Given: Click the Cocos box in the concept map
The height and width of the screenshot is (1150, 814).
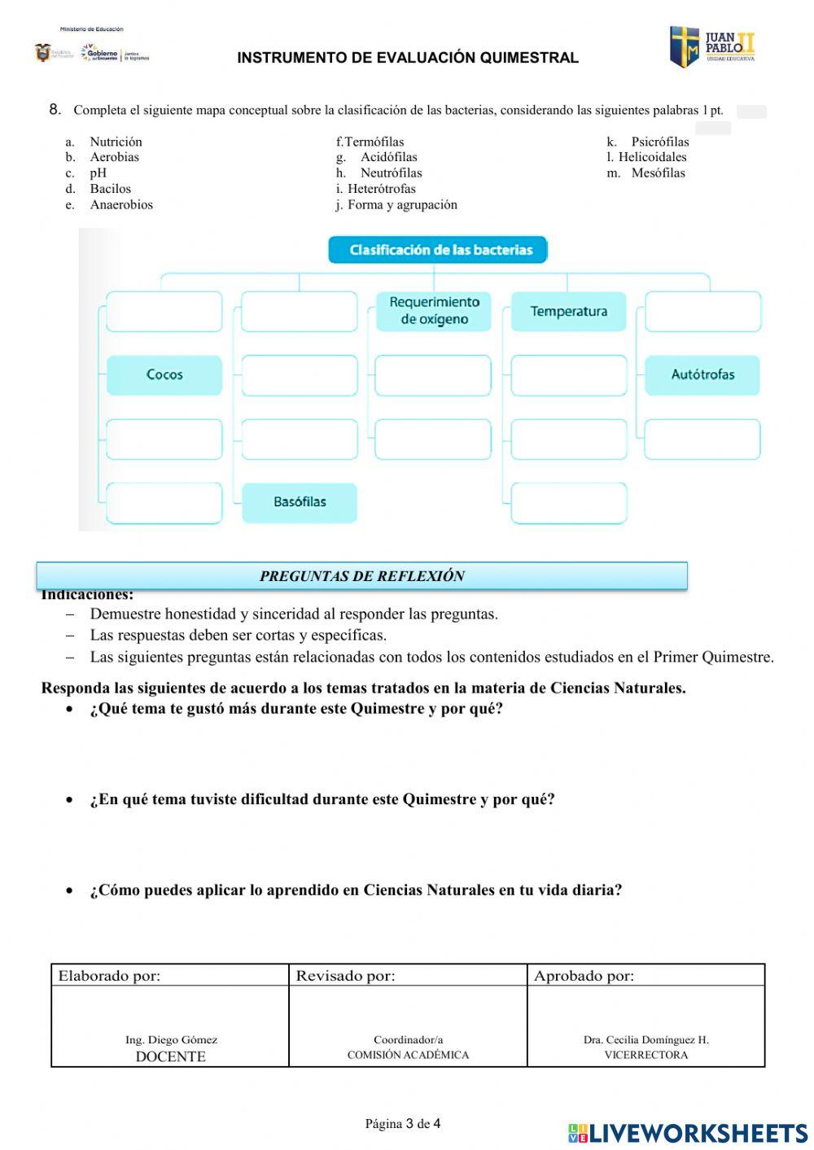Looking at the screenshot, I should pos(164,375).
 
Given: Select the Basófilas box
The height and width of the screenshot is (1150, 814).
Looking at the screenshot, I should pos(300,502).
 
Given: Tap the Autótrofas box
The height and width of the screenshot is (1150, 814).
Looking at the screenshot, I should pos(702,375).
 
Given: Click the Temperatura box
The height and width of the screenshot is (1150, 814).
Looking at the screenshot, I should pos(568,312).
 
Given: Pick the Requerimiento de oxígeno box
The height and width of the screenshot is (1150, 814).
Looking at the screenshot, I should pos(434,311).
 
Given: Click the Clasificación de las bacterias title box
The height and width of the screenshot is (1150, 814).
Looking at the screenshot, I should pos(438,250).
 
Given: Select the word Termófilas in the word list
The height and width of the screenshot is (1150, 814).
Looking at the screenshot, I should pos(374,142).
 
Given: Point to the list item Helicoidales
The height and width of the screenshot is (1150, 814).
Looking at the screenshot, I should pos(652,157).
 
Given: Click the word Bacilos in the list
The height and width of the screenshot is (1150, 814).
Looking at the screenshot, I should pos(110,189).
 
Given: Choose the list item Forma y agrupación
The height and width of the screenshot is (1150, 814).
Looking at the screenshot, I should pos(401,205).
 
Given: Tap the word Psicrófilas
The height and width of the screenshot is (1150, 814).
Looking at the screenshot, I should pos(659,142).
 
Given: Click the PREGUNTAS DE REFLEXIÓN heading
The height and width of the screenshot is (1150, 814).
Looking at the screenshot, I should pos(361,576).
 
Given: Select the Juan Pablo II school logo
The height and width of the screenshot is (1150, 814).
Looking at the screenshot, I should pos(712,47).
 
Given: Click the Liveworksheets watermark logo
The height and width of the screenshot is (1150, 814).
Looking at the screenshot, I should pos(688,1133).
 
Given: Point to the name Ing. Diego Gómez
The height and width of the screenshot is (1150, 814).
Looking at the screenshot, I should pos(171,1040).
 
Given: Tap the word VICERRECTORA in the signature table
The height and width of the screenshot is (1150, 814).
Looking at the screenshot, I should pos(646,1056).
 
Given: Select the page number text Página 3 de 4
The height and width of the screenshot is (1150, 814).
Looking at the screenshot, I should pos(403,1124).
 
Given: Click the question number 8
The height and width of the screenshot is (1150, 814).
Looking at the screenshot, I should pos(55,110).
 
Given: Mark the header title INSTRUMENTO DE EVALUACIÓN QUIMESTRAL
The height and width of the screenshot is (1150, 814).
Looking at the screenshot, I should pos(408,58).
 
